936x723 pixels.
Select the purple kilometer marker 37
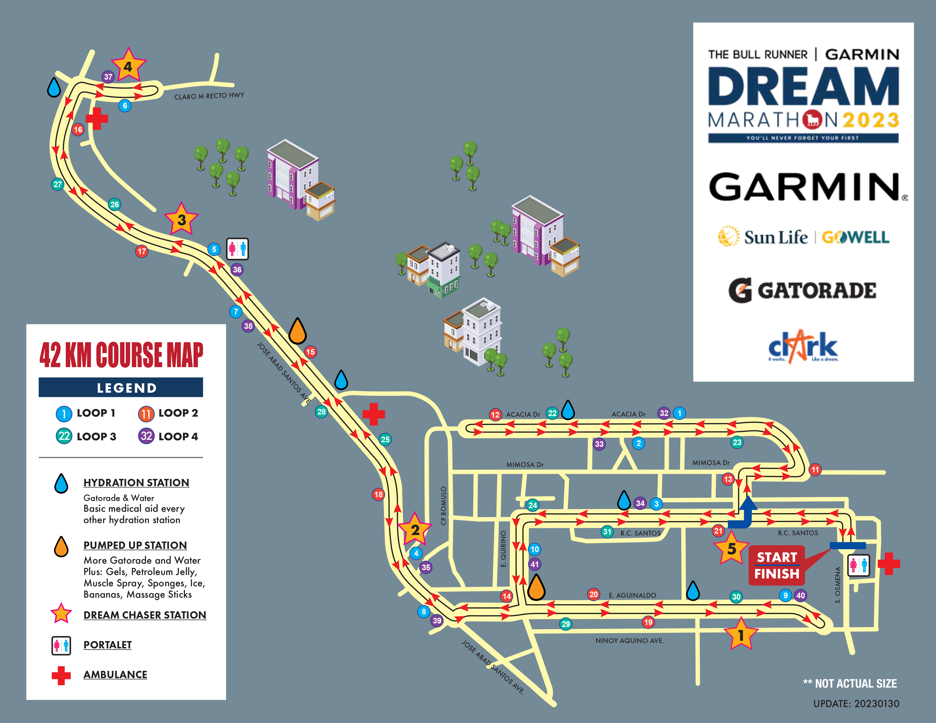click(x=108, y=77)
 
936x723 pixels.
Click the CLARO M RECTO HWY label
click(x=209, y=96)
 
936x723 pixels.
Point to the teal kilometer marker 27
click(x=57, y=184)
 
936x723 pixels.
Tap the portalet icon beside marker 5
click(x=237, y=249)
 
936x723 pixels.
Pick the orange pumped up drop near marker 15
click(x=298, y=331)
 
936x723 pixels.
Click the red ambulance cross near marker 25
click(x=373, y=414)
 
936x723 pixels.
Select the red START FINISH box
click(x=777, y=565)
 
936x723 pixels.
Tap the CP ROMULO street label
click(x=444, y=506)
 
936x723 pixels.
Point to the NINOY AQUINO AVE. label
click(x=629, y=641)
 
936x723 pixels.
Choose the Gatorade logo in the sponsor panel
click(x=802, y=290)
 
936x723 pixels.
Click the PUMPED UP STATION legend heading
click(x=135, y=545)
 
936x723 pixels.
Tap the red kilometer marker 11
click(x=815, y=470)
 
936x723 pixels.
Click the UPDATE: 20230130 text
click(x=856, y=704)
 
